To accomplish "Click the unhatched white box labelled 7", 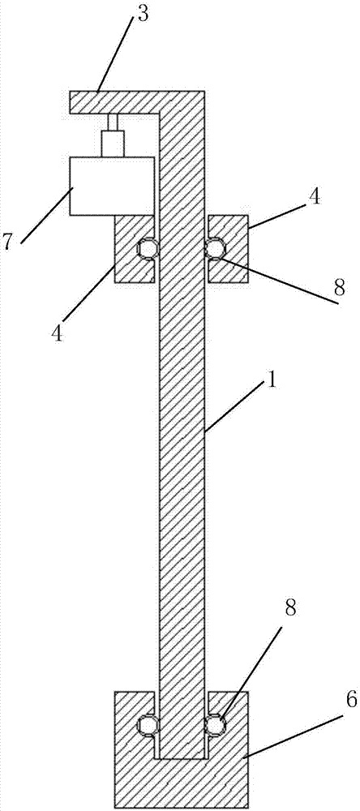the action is point(112,186).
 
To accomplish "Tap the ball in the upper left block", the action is point(147,249).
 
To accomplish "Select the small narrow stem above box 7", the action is point(113,122).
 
